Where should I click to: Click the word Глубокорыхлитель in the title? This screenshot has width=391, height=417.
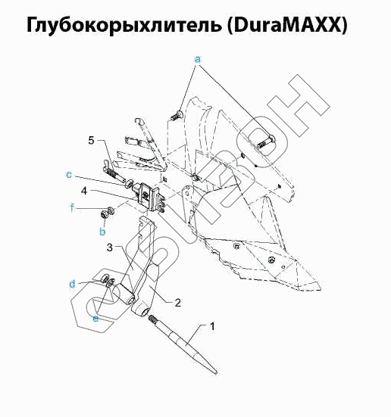click(x=124, y=25)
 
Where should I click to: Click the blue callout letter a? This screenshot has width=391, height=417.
click(x=197, y=60)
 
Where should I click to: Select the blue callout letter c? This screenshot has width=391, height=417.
click(x=69, y=175)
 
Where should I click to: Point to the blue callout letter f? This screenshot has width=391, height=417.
click(x=72, y=207)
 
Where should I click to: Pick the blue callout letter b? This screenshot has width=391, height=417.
click(x=102, y=231)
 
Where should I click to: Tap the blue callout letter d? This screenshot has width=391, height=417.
click(x=72, y=284)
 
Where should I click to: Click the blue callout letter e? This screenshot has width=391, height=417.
click(x=95, y=319)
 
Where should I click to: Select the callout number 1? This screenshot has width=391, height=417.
click(x=212, y=327)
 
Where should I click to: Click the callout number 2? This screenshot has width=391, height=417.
click(x=177, y=303)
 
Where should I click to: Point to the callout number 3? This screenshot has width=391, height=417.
click(x=110, y=247)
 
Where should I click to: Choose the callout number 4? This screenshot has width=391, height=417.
click(x=84, y=191)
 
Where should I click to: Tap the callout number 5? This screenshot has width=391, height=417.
click(x=92, y=140)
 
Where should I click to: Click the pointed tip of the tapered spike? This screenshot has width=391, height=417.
click(x=216, y=374)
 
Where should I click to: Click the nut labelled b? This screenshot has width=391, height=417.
click(x=104, y=214)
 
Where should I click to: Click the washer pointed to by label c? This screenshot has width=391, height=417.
click(x=130, y=183)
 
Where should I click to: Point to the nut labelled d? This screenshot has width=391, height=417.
click(x=104, y=278)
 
